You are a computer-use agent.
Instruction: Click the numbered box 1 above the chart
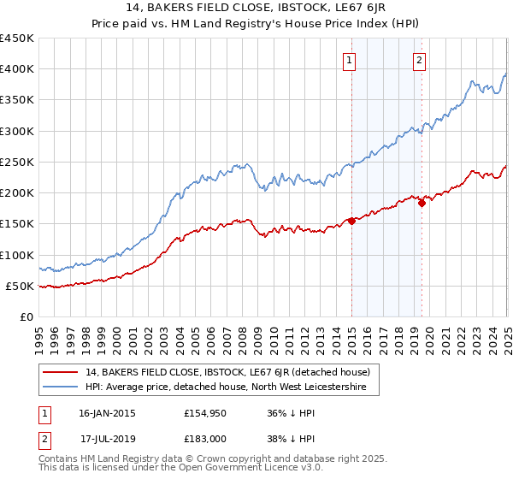pyautogui.click(x=351, y=60)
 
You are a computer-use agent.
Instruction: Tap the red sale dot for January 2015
pyautogui.click(x=351, y=221)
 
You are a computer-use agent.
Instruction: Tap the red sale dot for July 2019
pyautogui.click(x=422, y=204)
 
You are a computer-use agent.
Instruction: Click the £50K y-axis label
pyautogui.click(x=20, y=286)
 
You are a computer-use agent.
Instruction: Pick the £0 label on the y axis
pyautogui.click(x=27, y=316)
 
